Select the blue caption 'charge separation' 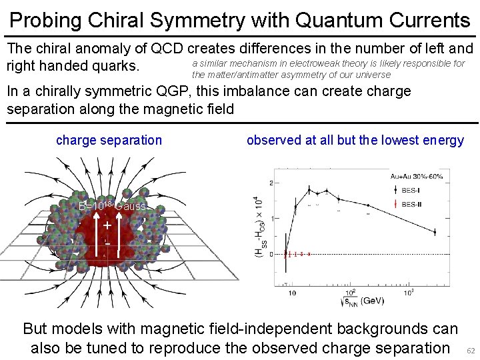click(x=109, y=140)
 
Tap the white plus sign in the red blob click(x=107, y=226)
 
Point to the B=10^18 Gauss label click(x=111, y=206)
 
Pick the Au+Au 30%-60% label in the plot click(x=416, y=176)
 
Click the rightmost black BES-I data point click(x=435, y=232)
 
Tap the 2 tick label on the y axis click(x=271, y=183)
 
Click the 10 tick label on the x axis click(x=291, y=293)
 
